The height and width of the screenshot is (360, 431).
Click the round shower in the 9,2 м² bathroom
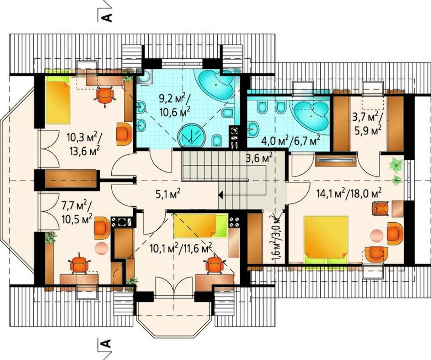click(191, 136)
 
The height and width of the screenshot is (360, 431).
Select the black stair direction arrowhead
click(220, 195)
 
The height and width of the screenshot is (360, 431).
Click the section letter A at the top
click(106, 17)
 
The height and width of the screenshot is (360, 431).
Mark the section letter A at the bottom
click(106, 343)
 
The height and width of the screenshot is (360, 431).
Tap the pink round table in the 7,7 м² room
click(100, 248)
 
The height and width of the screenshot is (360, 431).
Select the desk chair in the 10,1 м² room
click(214, 265)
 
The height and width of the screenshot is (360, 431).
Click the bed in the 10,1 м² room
click(201, 226)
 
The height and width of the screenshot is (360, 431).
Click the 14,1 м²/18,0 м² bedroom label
click(349, 194)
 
